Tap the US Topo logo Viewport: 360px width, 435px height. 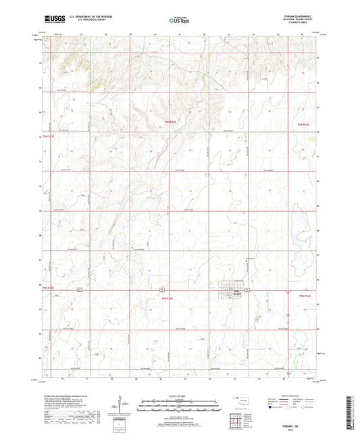click(179, 21)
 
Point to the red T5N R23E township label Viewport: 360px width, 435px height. click(167, 297)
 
